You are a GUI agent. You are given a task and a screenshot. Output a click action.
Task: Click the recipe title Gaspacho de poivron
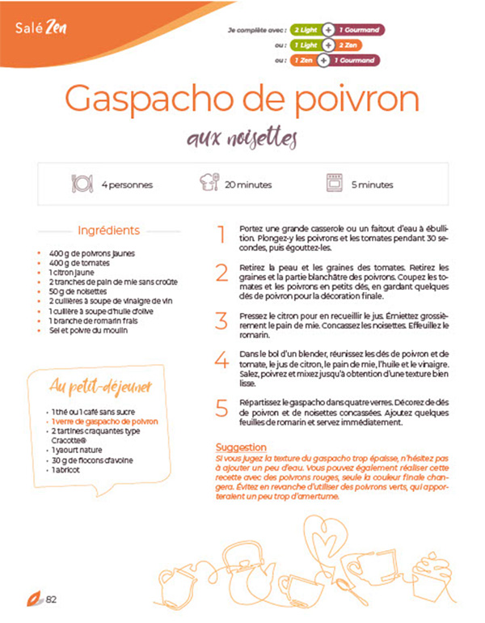tap(242, 100)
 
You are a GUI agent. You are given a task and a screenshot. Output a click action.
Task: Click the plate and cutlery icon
tap(82, 184)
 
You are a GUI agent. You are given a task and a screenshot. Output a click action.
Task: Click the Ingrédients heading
tap(108, 231)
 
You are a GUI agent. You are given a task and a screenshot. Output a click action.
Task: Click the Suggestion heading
tap(241, 447)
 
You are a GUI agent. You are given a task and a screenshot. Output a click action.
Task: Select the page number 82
tap(51, 600)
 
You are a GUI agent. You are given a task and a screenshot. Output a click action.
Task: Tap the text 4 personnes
tap(127, 184)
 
